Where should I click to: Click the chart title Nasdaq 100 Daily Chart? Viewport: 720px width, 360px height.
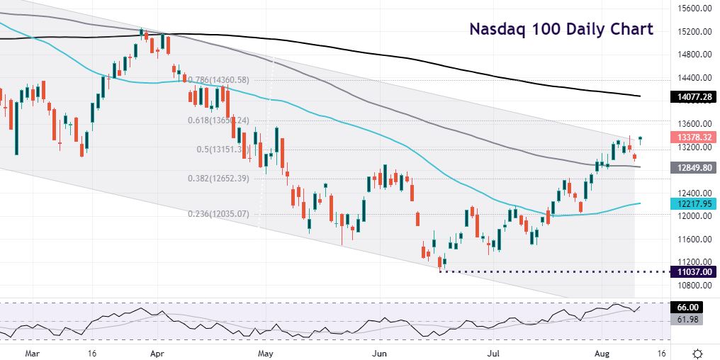pyautogui.click(x=561, y=30)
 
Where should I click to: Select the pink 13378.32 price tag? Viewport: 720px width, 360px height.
pyautogui.click(x=693, y=137)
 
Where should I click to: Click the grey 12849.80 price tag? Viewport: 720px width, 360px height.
pyautogui.click(x=693, y=167)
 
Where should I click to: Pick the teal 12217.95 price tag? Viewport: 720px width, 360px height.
pyautogui.click(x=693, y=203)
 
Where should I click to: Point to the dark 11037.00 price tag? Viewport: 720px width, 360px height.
pyautogui.click(x=693, y=271)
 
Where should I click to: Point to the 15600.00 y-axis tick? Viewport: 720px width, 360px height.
pyautogui.click(x=693, y=9)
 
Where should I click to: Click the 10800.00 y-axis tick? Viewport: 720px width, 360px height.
pyautogui.click(x=693, y=285)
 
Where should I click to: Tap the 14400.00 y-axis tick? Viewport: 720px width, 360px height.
pyautogui.click(x=693, y=77)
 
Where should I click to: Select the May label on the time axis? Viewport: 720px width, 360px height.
pyautogui.click(x=266, y=352)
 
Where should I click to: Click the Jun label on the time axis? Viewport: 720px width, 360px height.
pyautogui.click(x=379, y=352)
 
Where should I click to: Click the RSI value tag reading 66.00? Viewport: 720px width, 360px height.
pyautogui.click(x=687, y=307)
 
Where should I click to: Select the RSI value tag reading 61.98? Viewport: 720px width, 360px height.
pyautogui.click(x=687, y=320)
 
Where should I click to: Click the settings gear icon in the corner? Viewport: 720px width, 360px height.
pyautogui.click(x=697, y=352)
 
